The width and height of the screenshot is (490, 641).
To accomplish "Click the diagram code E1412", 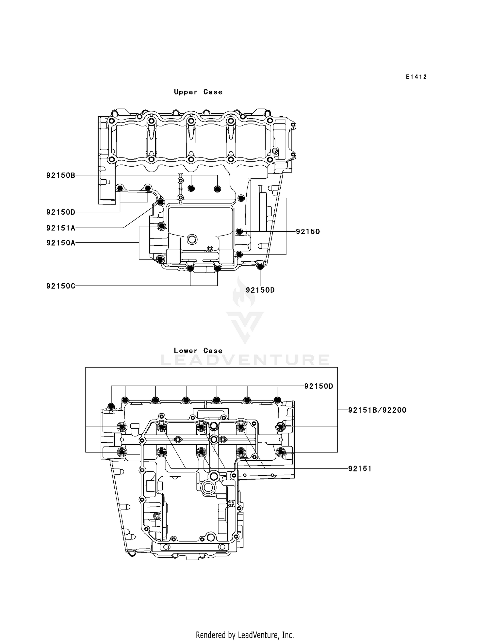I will pos(416,77).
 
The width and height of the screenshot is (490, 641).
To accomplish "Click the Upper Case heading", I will pos(198,92).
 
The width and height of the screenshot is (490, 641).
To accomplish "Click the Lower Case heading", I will pos(198,351).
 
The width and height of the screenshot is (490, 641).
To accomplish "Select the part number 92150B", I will pos(61,175).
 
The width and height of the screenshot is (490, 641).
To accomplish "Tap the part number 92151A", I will pos(61,228).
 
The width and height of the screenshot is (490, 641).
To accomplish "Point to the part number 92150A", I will pos(61,243).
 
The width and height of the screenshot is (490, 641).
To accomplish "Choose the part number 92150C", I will pos(61,286).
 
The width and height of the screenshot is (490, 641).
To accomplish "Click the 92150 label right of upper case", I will pos(308,232).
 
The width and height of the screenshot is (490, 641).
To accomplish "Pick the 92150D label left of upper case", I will pos(61,212).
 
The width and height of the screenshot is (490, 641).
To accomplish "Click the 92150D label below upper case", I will pos(260,290).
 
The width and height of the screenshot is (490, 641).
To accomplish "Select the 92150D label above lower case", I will pos(318,386).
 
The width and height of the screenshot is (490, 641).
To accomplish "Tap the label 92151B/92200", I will pos(377,410).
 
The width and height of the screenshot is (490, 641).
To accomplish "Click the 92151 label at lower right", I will pos(360,469).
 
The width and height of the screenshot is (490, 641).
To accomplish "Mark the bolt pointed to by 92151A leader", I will pos(160,202).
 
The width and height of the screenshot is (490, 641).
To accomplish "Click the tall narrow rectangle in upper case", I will pos(263,212).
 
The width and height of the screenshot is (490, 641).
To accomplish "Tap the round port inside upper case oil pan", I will pos(192,239).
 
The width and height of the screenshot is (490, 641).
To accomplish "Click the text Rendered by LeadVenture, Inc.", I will pos(245,635).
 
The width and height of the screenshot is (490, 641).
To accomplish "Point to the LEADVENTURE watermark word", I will pos(245,360).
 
